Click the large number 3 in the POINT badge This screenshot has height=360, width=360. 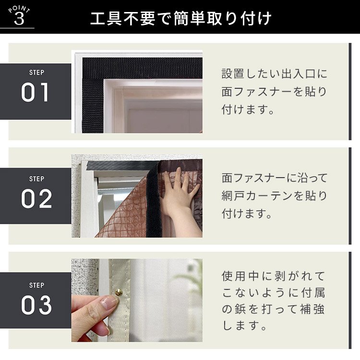[x=19, y=19]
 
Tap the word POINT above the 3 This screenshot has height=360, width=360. [x=19, y=9]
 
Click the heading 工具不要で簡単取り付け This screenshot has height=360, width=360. [x=181, y=18]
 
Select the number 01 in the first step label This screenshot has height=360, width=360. [x=35, y=92]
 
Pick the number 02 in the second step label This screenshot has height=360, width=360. [x=36, y=199]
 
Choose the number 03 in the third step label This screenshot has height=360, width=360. [x=36, y=305]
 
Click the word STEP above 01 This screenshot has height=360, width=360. [x=37, y=72]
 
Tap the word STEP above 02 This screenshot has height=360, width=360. [x=37, y=179]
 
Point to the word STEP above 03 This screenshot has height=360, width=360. [x=37, y=286]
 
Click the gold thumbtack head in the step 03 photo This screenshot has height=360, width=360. [x=119, y=292]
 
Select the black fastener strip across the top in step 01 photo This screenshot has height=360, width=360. [x=143, y=68]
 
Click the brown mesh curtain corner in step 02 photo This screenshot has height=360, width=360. [x=124, y=214]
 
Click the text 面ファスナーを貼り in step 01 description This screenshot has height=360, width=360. [x=274, y=92]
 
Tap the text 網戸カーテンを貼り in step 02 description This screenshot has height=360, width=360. [x=274, y=196]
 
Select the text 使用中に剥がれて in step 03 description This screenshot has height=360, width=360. [x=273, y=276]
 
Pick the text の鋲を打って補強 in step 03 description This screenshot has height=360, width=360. [x=273, y=309]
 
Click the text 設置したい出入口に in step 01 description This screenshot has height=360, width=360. [x=274, y=74]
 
